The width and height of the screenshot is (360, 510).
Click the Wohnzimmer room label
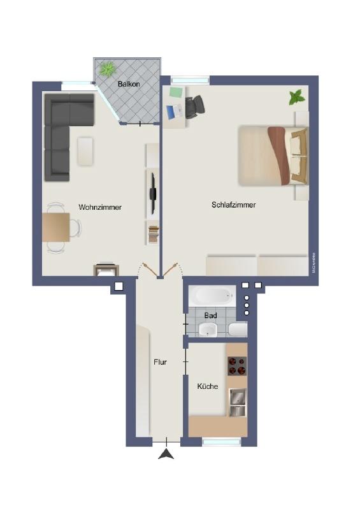tap(100, 207)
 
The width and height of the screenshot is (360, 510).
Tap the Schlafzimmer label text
tap(234, 205)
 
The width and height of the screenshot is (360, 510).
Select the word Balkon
tap(129, 84)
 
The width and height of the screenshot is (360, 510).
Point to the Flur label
tap(160, 362)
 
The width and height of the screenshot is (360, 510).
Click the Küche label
tap(208, 386)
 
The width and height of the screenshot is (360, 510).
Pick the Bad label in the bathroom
tap(210, 316)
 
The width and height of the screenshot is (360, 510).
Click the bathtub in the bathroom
tap(213, 295)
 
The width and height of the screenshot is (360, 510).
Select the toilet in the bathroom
tap(238, 330)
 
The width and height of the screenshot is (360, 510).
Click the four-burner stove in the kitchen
tap(237, 366)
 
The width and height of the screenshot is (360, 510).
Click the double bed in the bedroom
tap(273, 154)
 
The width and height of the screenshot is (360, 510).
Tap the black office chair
tap(196, 106)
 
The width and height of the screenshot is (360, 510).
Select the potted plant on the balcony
tap(106, 68)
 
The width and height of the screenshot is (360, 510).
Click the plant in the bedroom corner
tap(296, 98)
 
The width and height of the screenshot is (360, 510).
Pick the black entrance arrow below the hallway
tap(166, 454)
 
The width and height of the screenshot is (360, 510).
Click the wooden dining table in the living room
tap(55, 227)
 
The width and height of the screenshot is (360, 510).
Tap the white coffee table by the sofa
tap(86, 151)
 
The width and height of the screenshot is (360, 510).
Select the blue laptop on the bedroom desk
tap(173, 112)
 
